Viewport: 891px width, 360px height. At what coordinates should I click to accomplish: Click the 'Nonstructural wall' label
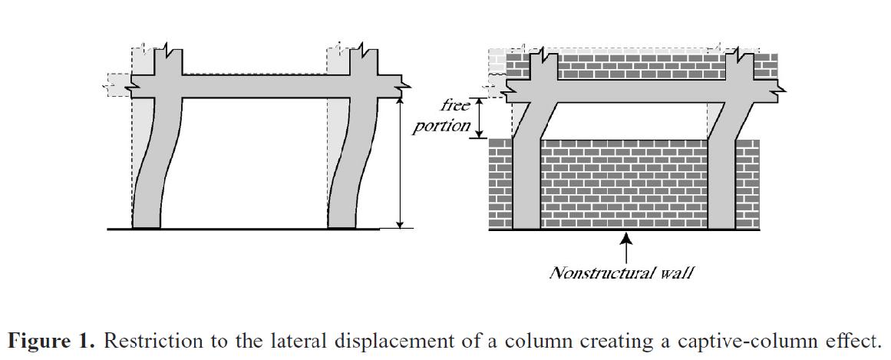621,272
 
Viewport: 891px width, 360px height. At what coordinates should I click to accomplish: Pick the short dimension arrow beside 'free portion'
479,117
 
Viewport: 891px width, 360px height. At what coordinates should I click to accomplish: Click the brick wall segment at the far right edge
747,184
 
